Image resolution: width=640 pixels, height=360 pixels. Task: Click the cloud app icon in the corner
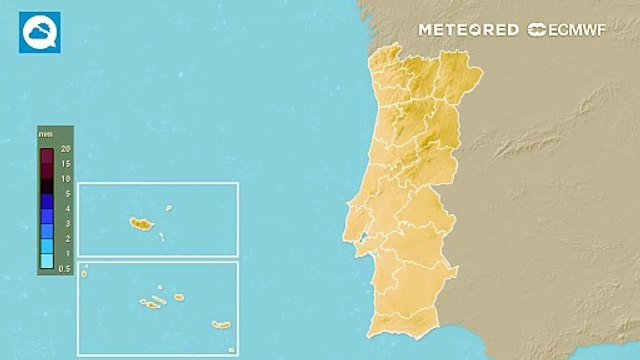click(x=40, y=32)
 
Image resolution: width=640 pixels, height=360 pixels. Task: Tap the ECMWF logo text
click(x=568, y=30)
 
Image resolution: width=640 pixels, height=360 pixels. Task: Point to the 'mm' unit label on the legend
click(x=45, y=133)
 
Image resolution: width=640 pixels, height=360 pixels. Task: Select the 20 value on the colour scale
click(x=65, y=149)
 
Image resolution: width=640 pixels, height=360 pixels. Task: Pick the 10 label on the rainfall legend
click(x=65, y=179)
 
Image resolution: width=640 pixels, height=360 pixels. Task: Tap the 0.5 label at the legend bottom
click(x=65, y=269)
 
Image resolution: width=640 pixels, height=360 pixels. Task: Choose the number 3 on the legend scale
click(x=66, y=224)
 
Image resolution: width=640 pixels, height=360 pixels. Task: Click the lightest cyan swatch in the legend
click(x=46, y=261)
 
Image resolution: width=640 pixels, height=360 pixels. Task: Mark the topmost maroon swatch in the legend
click(x=46, y=155)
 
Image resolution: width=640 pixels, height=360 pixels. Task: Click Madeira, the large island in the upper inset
click(x=139, y=224)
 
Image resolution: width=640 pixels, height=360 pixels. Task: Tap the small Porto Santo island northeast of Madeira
click(x=169, y=209)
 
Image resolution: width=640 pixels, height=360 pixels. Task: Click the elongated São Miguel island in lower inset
click(x=221, y=324)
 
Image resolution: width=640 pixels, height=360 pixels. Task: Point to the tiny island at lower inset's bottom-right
click(x=232, y=349)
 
